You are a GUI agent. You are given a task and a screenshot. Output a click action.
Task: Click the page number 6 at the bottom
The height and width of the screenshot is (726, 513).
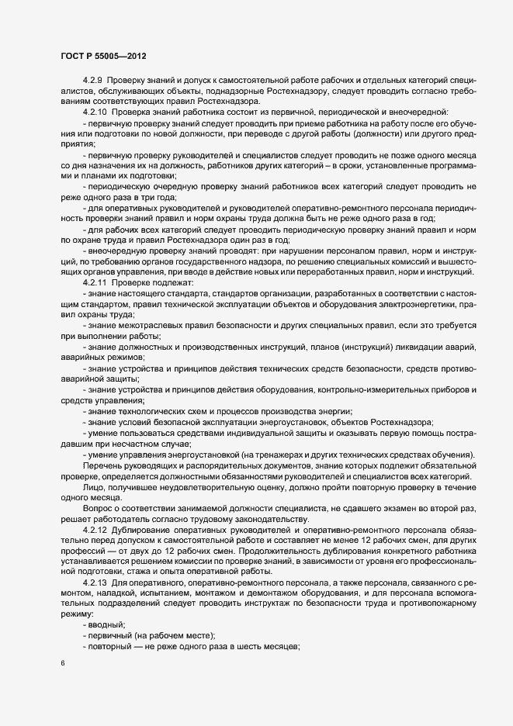pos(62,665)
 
